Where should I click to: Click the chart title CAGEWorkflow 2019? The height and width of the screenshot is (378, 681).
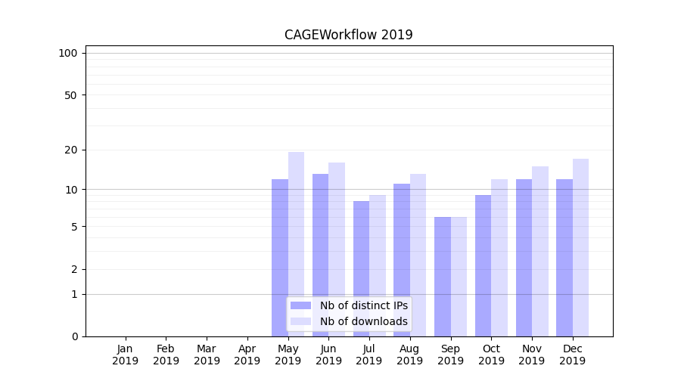348,35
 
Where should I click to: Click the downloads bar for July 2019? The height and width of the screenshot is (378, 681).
378,265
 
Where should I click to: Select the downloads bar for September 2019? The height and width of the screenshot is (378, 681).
459,276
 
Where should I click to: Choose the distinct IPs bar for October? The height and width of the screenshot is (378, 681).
483,265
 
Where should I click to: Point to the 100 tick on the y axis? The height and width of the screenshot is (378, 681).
68,53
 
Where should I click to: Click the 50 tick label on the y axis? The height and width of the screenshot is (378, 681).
70,95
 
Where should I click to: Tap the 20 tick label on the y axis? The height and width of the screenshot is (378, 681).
70,150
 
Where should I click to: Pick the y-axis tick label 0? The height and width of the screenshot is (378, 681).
74,336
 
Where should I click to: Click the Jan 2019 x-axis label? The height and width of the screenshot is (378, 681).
126,355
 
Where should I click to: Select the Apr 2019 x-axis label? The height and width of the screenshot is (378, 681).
247,355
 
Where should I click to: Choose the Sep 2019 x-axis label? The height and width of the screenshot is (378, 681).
450,355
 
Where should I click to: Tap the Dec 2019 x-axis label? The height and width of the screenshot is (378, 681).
572,355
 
